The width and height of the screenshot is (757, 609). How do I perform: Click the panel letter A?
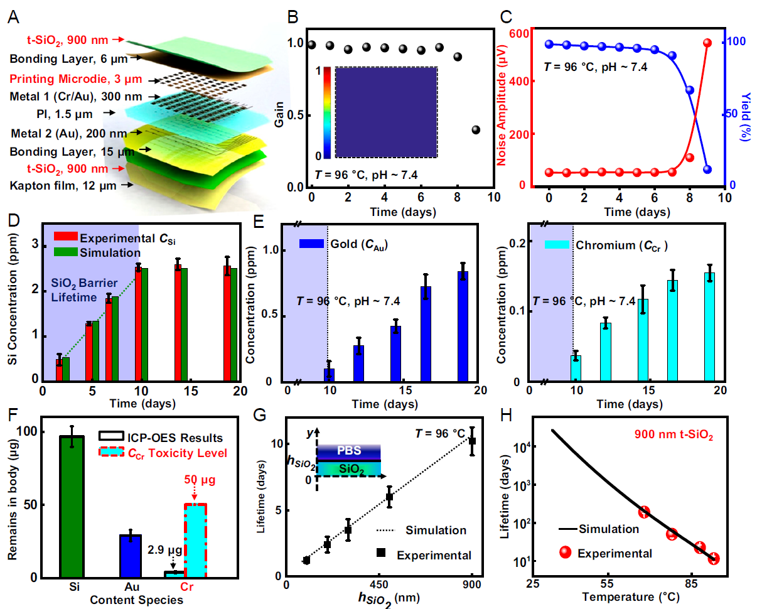(x=13, y=17)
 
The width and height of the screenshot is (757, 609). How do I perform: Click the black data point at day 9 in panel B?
(x=475, y=130)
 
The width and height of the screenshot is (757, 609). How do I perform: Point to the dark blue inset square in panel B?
(x=386, y=112)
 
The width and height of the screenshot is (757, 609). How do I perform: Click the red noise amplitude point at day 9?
(x=707, y=43)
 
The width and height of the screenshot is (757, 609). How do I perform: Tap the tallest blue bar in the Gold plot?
(x=463, y=326)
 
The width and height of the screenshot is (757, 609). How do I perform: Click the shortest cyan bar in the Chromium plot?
(x=576, y=368)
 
